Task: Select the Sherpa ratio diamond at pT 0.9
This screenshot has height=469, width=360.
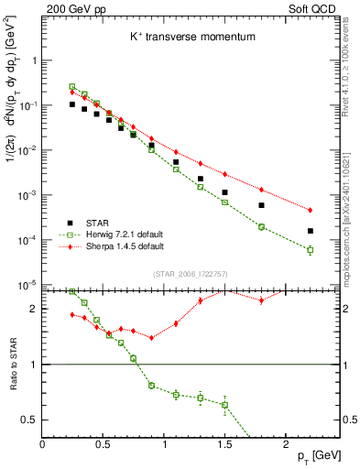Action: pyautogui.click(x=151, y=337)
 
